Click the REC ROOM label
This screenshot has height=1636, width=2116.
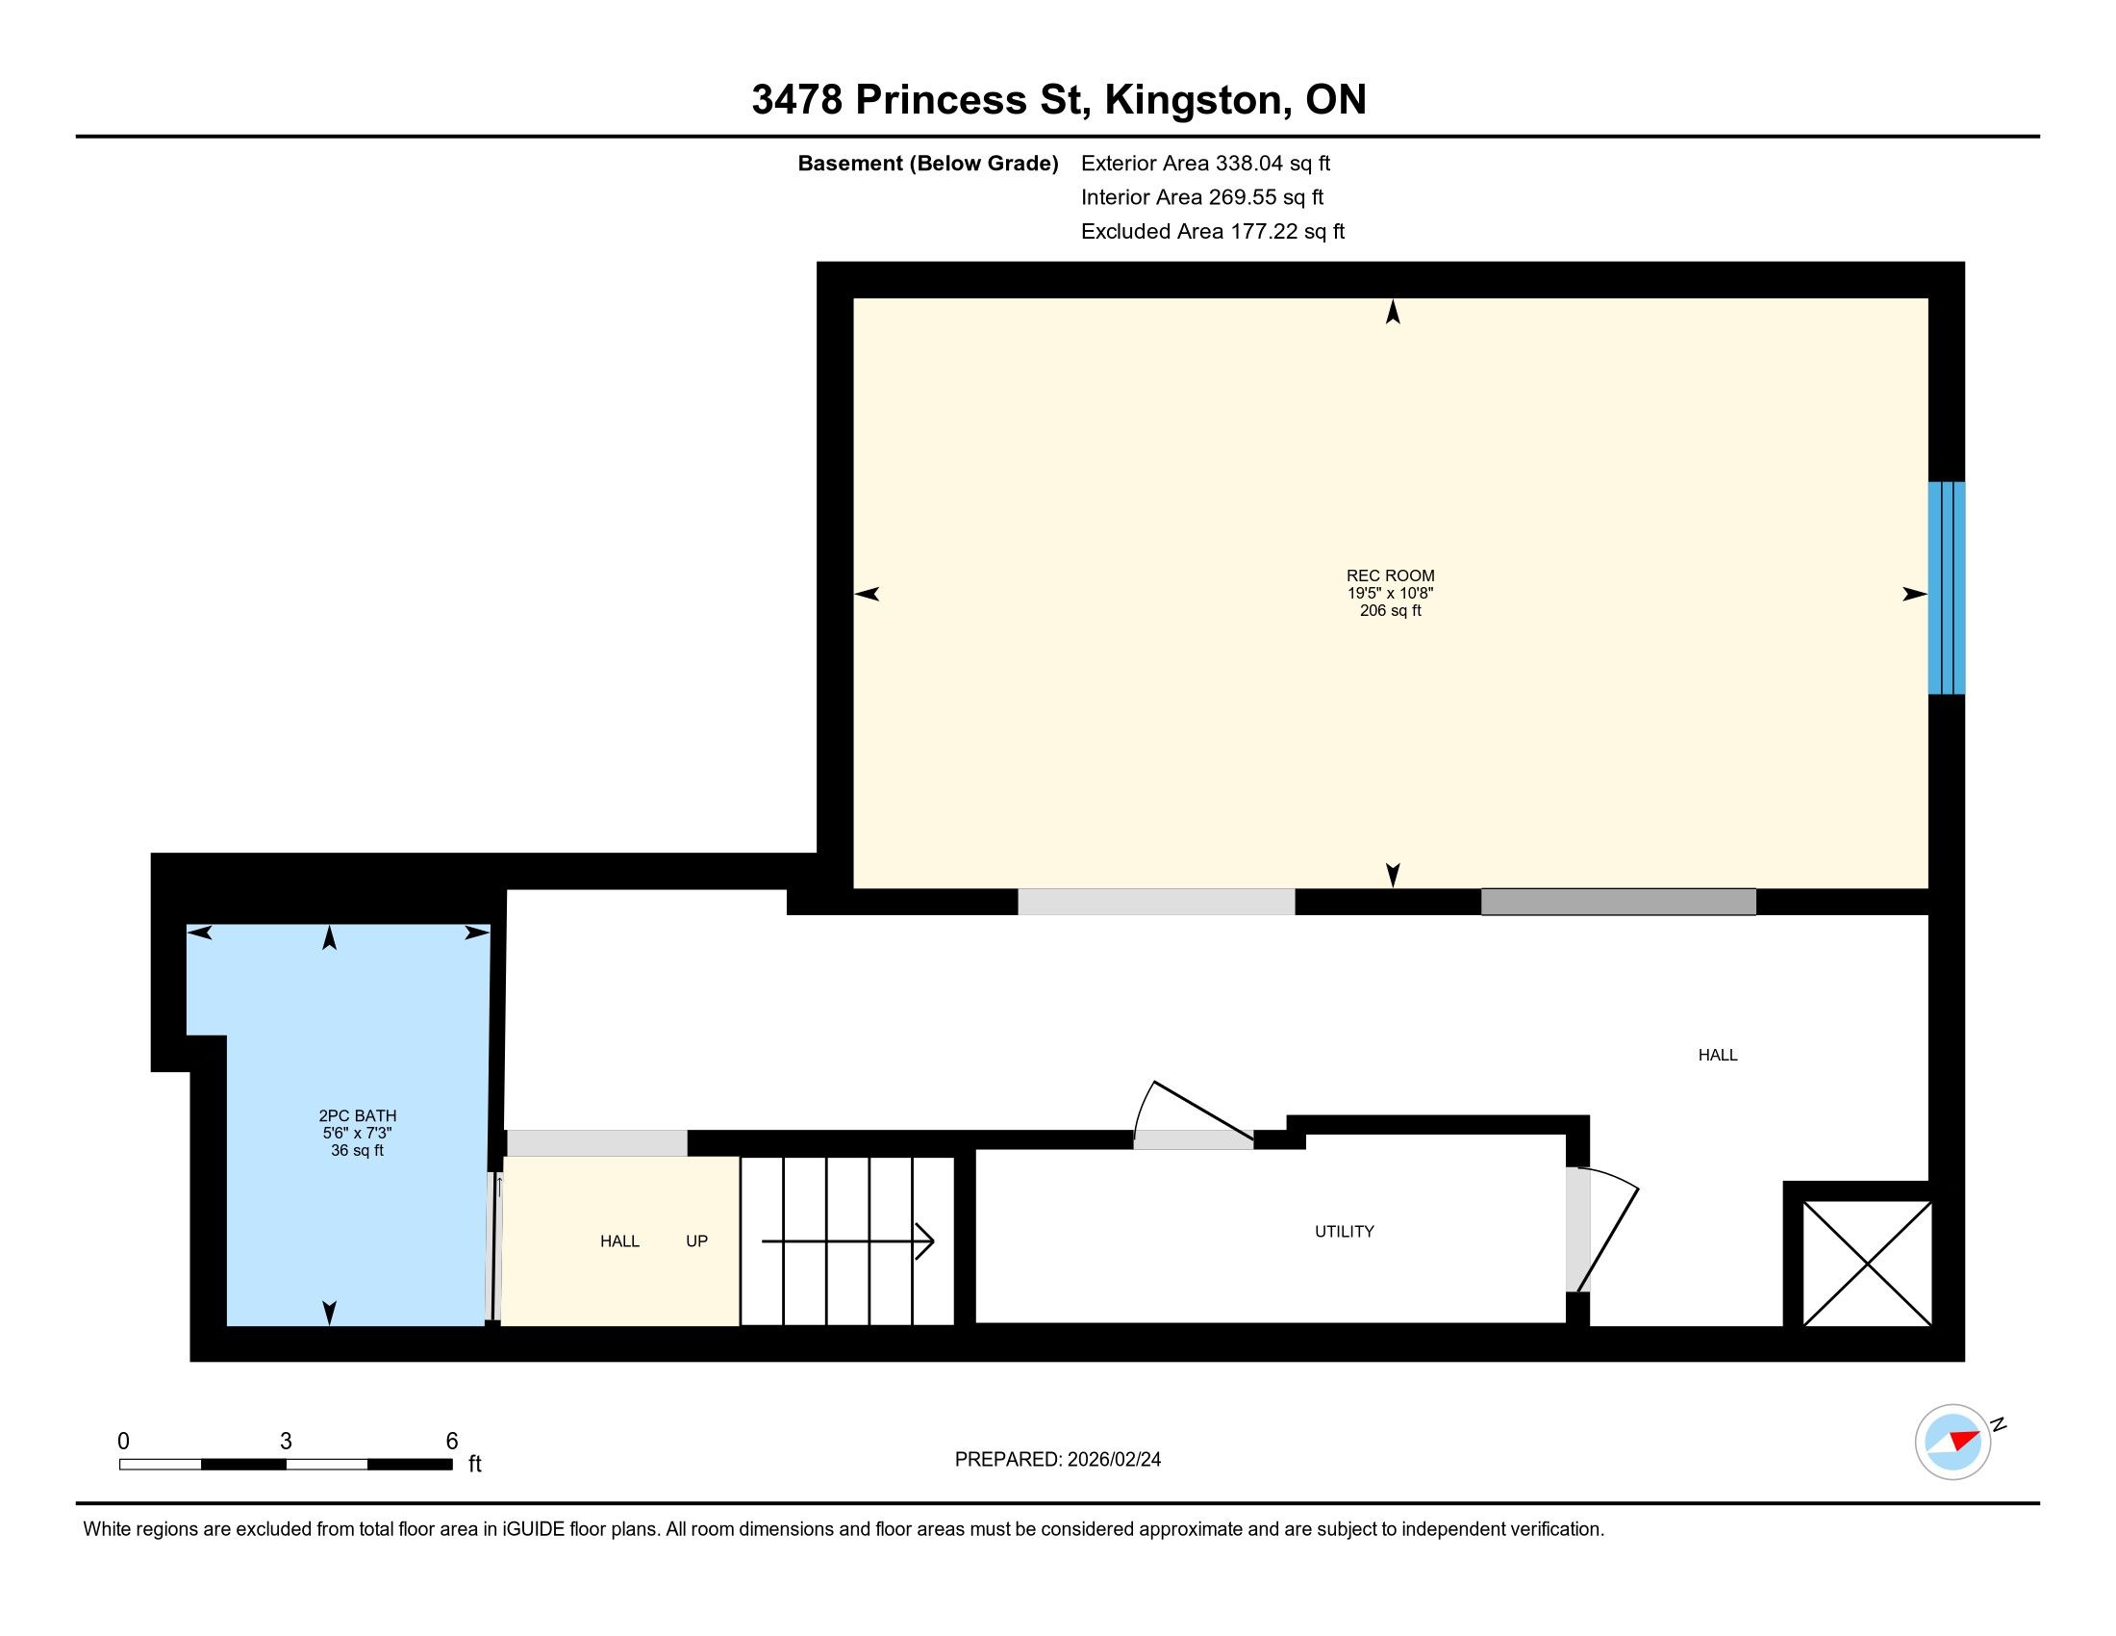(1391, 575)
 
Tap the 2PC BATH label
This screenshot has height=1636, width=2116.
(358, 1115)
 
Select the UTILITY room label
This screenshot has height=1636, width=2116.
(1345, 1231)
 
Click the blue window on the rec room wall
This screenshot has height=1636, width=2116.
(1946, 588)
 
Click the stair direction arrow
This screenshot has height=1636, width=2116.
(847, 1240)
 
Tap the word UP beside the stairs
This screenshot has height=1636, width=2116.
(696, 1240)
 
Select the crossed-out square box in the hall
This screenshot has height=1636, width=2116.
(1867, 1263)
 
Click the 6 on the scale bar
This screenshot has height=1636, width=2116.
(451, 1442)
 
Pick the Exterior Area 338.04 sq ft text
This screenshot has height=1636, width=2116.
(1205, 163)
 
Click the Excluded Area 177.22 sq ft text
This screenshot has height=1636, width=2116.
(1213, 231)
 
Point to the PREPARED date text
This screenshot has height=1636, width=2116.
(1058, 1460)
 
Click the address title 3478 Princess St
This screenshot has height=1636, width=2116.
(921, 100)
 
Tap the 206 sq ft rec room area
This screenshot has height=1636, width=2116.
(1391, 610)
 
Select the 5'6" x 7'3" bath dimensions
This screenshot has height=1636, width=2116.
(358, 1133)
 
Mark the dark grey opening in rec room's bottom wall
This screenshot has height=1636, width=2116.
(1618, 902)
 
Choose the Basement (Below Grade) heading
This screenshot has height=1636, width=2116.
(927, 163)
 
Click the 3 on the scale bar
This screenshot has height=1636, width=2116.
(286, 1442)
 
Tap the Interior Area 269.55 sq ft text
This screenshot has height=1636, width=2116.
(1202, 196)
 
